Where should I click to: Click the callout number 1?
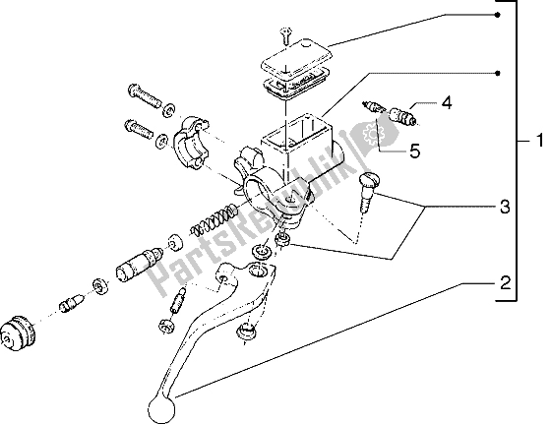tap(539, 141)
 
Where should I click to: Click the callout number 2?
tap(505, 282)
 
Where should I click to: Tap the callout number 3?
tap(505, 207)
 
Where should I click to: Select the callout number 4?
tap(447, 103)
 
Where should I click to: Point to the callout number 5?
tap(414, 151)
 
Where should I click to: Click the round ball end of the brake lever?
tap(161, 409)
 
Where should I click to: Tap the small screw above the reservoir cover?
tap(286, 36)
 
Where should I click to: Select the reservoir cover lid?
tap(296, 60)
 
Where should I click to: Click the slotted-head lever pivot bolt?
tap(368, 193)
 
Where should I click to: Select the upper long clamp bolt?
tap(145, 95)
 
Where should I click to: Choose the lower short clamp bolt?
tap(139, 130)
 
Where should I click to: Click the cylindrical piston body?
tap(138, 265)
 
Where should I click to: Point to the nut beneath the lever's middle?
tap(247, 332)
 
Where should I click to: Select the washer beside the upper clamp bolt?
tap(169, 109)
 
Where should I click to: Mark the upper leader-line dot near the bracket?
tap(497, 15)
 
